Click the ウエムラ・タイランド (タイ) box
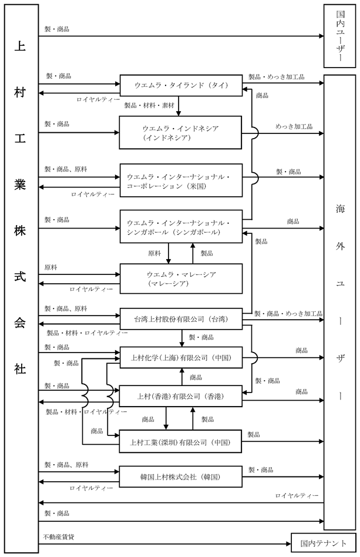click(181, 85)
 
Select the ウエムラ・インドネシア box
click(180, 133)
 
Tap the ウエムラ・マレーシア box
click(181, 278)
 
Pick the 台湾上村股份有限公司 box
click(181, 318)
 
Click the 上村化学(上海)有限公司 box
click(181, 357)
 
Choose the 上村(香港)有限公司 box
click(180, 396)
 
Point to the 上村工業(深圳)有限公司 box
click(180, 442)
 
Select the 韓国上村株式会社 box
click(180, 477)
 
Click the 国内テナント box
click(323, 543)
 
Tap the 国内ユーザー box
click(340, 36)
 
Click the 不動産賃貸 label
click(59, 537)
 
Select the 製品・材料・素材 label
click(149, 105)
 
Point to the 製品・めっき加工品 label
click(276, 77)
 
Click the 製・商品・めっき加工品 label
click(288, 314)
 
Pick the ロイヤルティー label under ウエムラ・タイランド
click(98, 100)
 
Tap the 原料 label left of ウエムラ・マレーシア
click(51, 267)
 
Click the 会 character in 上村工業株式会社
click(20, 323)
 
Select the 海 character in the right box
click(340, 209)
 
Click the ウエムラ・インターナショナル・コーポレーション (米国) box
click(181, 180)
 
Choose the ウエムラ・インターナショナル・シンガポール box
click(181, 227)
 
